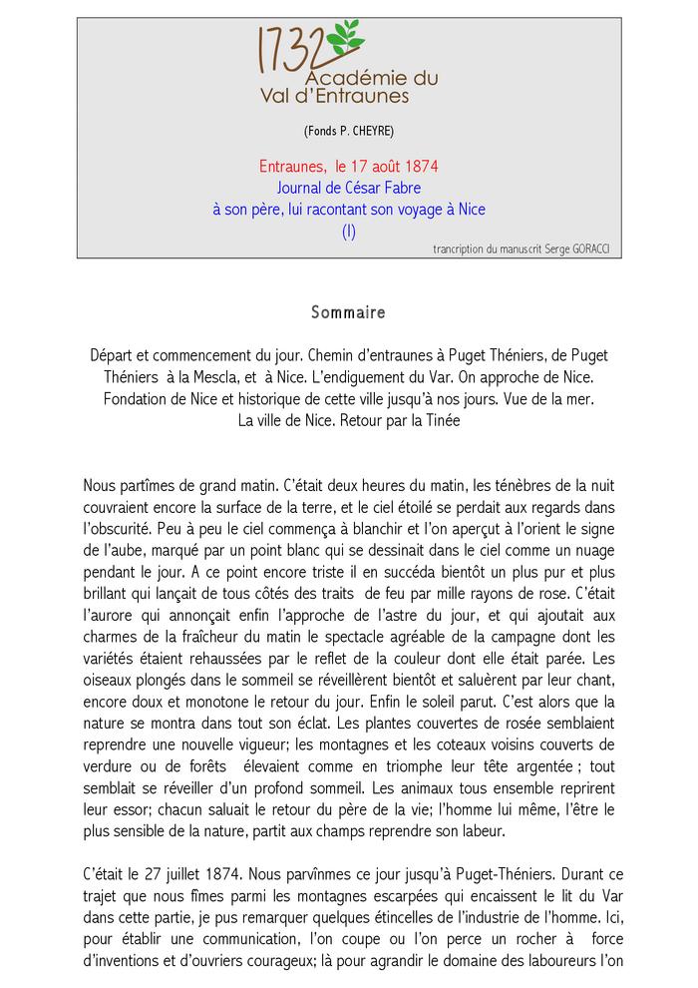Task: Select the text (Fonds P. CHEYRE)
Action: [x=348, y=132]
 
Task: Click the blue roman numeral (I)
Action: [x=348, y=232]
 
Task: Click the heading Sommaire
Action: [x=348, y=312]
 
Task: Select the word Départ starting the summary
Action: [x=114, y=356]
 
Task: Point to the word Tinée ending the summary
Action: [x=441, y=420]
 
